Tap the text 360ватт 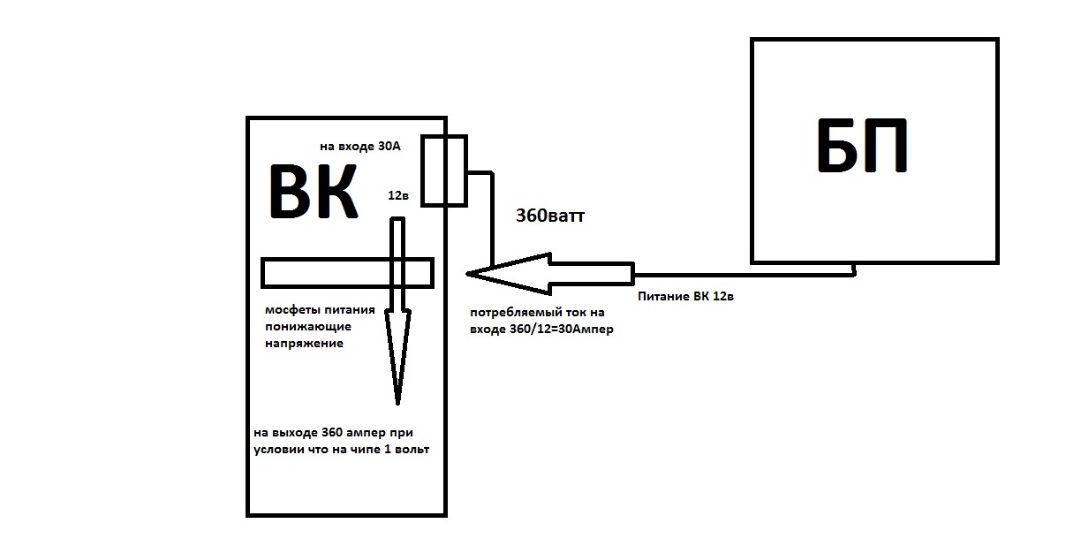click(x=550, y=216)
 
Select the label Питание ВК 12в click(x=685, y=297)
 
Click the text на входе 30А click(x=360, y=147)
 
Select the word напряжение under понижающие click(x=304, y=344)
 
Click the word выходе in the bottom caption click(x=295, y=434)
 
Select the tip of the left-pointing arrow click(x=468, y=274)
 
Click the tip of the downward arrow click(x=398, y=402)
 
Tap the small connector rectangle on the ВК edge click(x=443, y=171)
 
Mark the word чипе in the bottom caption click(x=360, y=451)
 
